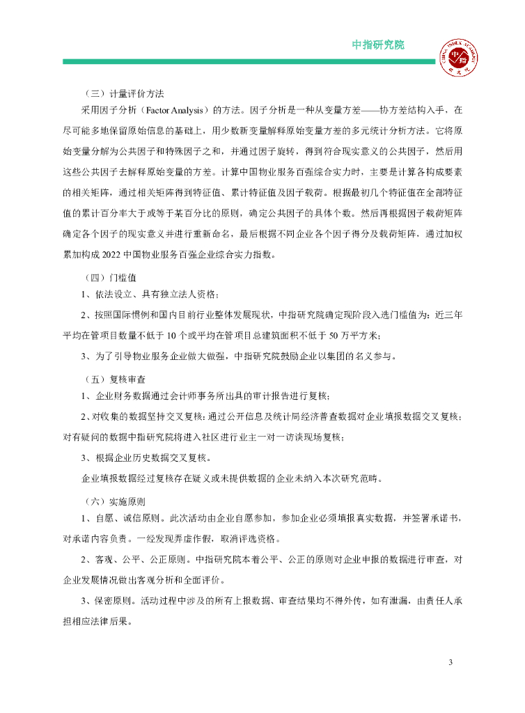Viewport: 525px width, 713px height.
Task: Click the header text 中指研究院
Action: tap(378, 45)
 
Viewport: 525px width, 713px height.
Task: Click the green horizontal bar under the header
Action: tap(248, 62)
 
